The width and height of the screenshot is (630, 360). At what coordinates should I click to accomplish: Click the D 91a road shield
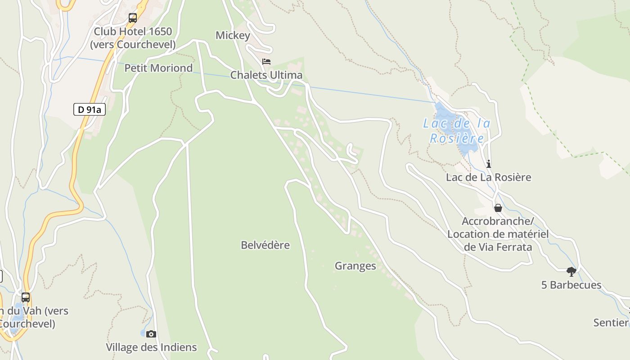click(x=89, y=109)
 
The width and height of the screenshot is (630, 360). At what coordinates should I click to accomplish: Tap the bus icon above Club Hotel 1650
click(x=133, y=18)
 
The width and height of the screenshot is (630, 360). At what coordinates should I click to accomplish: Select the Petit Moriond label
click(x=158, y=68)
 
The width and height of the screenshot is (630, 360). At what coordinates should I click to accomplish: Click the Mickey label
click(x=233, y=35)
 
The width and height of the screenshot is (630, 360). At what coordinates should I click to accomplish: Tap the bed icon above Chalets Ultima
click(x=266, y=62)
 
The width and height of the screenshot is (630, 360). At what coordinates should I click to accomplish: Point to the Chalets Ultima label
click(x=266, y=75)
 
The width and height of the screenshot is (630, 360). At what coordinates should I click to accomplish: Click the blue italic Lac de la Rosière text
click(x=457, y=130)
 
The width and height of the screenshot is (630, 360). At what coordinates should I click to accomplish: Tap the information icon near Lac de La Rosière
click(x=489, y=164)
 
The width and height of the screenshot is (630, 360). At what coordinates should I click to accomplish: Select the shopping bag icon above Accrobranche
click(x=498, y=208)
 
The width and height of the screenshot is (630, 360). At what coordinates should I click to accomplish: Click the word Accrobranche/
click(x=498, y=221)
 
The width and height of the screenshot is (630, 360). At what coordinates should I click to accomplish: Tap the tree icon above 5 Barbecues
click(x=571, y=272)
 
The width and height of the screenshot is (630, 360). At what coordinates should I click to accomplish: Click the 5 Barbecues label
click(x=571, y=285)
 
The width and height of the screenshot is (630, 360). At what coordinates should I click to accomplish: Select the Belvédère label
click(x=265, y=245)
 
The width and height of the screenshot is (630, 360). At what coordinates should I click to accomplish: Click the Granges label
click(x=355, y=266)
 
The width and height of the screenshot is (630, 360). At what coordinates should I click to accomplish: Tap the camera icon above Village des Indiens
click(x=151, y=334)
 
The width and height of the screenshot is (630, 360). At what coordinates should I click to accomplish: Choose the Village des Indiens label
click(x=151, y=347)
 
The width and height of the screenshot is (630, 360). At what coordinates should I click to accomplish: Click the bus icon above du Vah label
click(x=26, y=297)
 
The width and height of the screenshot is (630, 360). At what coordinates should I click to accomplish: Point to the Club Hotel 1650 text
click(x=133, y=31)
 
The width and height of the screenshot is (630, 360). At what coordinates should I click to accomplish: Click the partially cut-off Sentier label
click(x=611, y=322)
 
